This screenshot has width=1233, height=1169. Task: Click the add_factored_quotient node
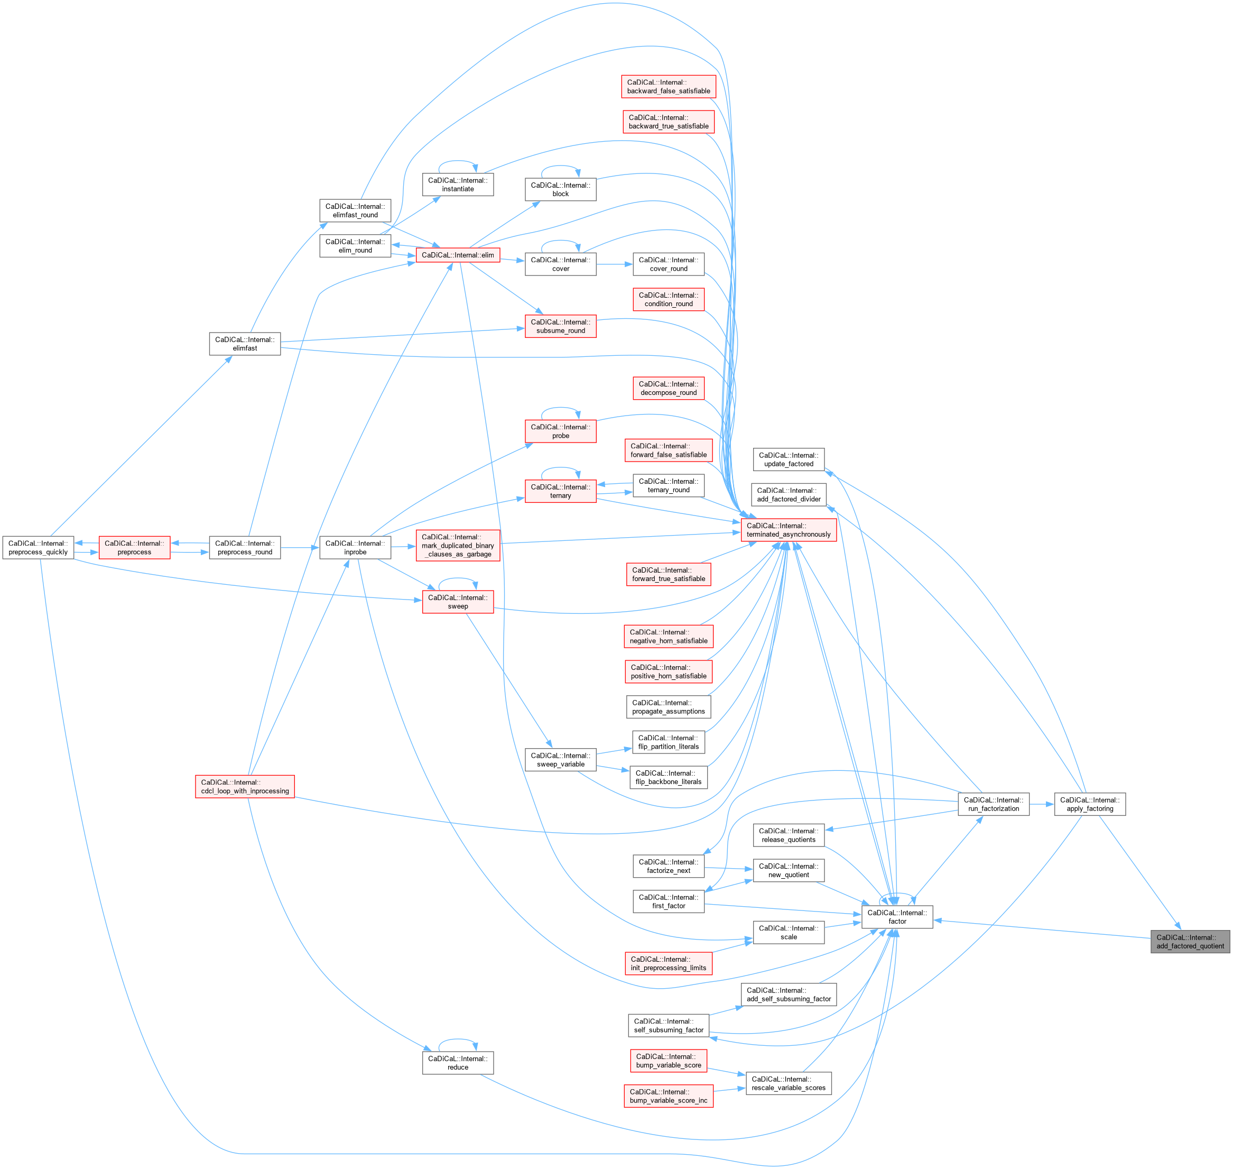click(x=1190, y=942)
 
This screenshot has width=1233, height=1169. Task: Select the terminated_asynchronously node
click(x=789, y=530)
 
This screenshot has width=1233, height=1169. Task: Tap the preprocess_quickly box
click(x=38, y=548)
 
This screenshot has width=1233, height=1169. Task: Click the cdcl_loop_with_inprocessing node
click(x=245, y=786)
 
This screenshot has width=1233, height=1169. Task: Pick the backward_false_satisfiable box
click(x=668, y=87)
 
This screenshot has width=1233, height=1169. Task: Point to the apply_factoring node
click(x=1089, y=804)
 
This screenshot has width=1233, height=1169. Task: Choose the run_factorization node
click(x=993, y=804)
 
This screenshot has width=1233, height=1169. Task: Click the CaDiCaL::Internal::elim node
click(x=458, y=255)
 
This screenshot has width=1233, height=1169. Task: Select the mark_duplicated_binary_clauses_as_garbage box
click(x=458, y=545)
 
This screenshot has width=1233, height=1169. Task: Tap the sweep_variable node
click(x=560, y=760)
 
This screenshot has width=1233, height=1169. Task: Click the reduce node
click(x=458, y=1062)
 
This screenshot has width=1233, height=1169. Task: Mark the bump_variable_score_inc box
click(x=668, y=1096)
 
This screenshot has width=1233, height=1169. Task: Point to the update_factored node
click(x=789, y=459)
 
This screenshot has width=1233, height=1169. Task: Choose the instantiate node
click(x=458, y=185)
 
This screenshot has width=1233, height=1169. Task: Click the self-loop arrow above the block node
click(x=560, y=167)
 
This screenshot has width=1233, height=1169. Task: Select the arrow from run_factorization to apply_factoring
click(x=1041, y=804)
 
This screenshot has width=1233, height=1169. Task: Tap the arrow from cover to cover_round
click(x=614, y=264)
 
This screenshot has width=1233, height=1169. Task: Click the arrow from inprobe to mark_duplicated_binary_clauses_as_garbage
click(x=404, y=547)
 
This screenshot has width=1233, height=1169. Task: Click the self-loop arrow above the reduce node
click(x=458, y=1039)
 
